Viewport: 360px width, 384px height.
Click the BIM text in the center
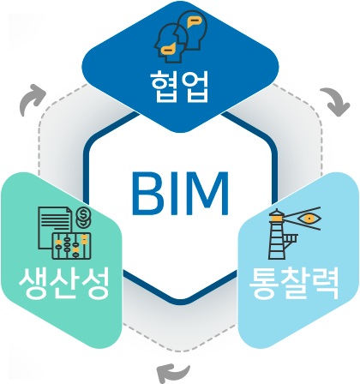(180, 193)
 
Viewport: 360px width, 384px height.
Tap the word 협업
(180, 86)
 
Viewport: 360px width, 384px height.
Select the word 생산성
(63, 283)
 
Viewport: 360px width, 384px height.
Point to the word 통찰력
(294, 283)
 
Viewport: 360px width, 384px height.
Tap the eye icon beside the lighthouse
(309, 219)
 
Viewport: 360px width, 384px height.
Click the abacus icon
(71, 246)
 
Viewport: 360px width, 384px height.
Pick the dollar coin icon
(83, 217)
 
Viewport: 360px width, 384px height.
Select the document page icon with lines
(54, 227)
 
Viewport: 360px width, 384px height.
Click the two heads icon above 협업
(181, 36)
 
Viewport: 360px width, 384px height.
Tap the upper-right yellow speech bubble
(194, 21)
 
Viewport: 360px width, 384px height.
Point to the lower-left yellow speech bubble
(168, 49)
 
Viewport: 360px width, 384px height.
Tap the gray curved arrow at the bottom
(173, 372)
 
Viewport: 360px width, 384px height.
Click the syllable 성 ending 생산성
(95, 283)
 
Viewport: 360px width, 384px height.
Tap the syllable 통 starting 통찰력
(263, 283)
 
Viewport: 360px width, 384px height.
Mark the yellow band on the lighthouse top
(277, 219)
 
